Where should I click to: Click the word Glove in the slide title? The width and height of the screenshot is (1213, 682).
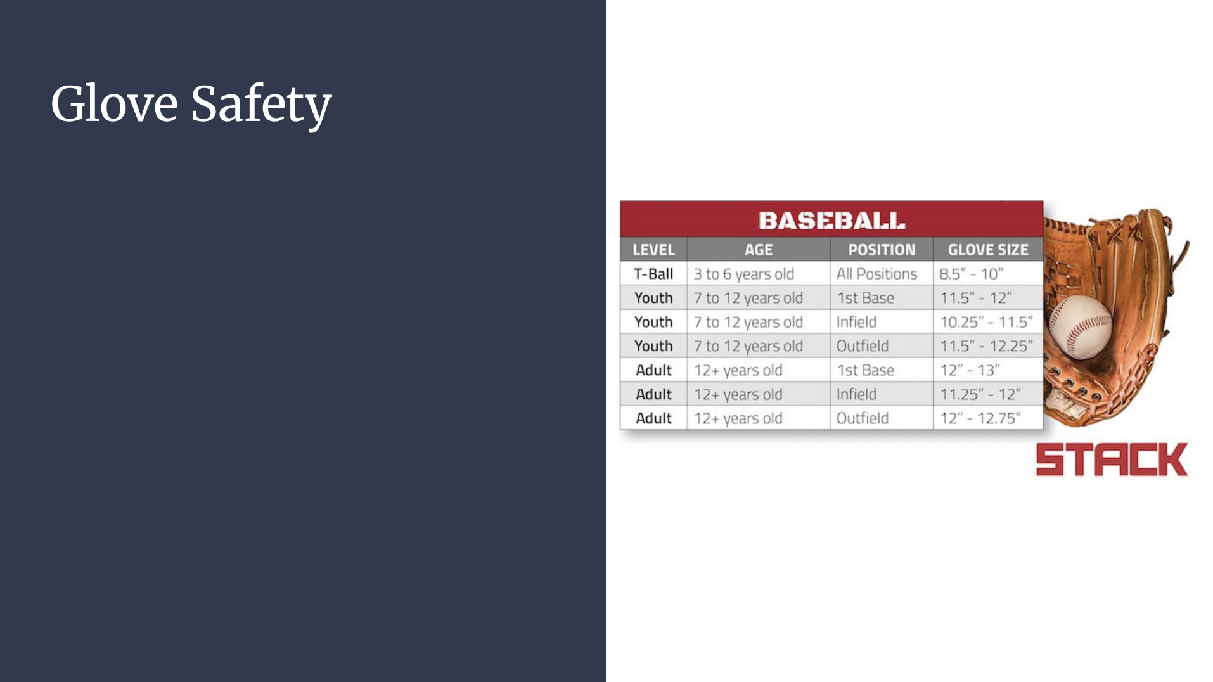click(114, 103)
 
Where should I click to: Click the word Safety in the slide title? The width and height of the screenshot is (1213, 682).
click(261, 105)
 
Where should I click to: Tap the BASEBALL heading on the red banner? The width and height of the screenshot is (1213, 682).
click(831, 221)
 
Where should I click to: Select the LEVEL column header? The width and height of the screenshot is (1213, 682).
click(653, 250)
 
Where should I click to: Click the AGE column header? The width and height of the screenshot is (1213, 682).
click(759, 250)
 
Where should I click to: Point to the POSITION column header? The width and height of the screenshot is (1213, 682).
click(882, 250)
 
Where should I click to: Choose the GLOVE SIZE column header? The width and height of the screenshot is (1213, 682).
click(988, 250)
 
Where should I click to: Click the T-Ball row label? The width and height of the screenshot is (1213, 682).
click(653, 274)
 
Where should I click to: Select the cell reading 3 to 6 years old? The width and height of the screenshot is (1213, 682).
click(743, 274)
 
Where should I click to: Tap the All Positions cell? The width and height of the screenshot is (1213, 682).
click(876, 274)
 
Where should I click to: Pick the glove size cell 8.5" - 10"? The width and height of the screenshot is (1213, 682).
click(971, 274)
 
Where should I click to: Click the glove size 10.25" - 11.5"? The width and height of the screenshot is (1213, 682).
click(986, 322)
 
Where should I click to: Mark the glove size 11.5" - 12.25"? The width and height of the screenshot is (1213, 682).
click(986, 346)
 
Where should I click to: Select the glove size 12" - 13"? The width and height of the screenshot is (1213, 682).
click(970, 370)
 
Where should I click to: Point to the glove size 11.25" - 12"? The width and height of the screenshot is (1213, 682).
click(980, 394)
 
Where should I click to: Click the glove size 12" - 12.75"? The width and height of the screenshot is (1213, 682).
click(980, 418)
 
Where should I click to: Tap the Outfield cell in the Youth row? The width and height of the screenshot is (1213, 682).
click(862, 346)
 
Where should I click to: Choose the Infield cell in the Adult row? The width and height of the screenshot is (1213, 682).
click(856, 394)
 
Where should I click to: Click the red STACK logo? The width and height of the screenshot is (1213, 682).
click(1112, 460)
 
